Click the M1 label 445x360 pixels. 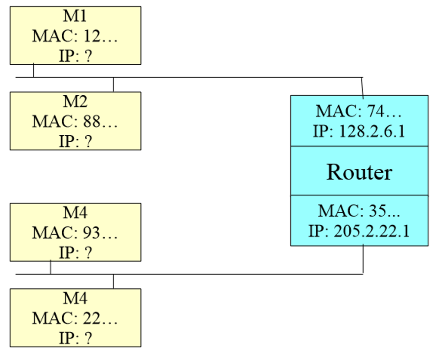(75, 16)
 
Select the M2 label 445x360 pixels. (75, 101)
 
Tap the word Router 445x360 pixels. (359, 172)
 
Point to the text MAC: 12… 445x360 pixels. (75, 36)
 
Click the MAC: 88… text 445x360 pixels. (75, 122)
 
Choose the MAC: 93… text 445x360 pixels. (75, 233)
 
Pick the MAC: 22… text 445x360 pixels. (75, 319)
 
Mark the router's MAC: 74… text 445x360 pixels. (359, 111)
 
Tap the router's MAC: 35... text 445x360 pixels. (359, 211)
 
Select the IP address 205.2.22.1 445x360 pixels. (372, 231)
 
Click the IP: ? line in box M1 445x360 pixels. (75, 56)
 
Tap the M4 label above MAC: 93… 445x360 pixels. (75, 213)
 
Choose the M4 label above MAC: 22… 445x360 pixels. (75, 299)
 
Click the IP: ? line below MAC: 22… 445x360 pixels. (75, 339)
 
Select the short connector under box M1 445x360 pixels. (33, 71)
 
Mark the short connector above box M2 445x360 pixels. (113, 85)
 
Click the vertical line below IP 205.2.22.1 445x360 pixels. (363, 260)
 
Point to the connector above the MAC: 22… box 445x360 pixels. (113, 281)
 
